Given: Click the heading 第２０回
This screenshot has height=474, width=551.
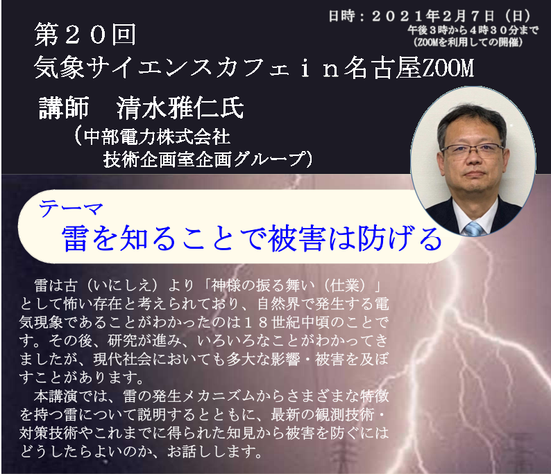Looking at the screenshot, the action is pyautogui.click(x=85, y=35).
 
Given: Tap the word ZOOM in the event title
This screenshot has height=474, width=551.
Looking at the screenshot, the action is pyautogui.click(x=448, y=68).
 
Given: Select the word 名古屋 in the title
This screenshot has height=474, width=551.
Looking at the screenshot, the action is pyautogui.click(x=382, y=68).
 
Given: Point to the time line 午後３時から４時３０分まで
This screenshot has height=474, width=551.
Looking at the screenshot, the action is pyautogui.click(x=473, y=30).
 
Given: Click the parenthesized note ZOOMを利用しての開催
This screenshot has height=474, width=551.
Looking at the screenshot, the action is pyautogui.click(x=468, y=42).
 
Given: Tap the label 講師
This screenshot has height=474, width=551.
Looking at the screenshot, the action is pyautogui.click(x=64, y=107).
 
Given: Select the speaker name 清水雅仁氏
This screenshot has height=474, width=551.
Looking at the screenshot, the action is pyautogui.click(x=180, y=107).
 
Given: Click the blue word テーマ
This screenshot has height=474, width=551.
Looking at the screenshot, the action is pyautogui.click(x=71, y=209).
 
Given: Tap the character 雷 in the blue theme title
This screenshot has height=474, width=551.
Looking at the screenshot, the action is pyautogui.click(x=75, y=238).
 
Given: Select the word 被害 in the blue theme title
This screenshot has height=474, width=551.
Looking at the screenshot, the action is pyautogui.click(x=297, y=238).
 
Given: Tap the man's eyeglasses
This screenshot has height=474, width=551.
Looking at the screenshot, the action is pyautogui.click(x=473, y=150).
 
